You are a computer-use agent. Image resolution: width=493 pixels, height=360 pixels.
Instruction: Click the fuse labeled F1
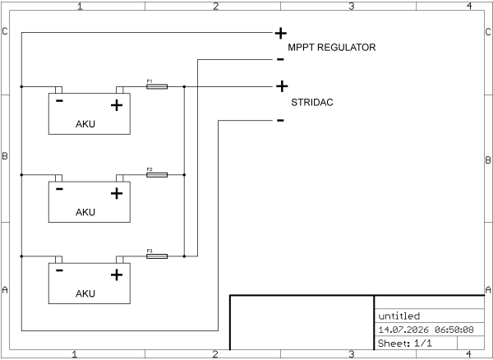(157, 86)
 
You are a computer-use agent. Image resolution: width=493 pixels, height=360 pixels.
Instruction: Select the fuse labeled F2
(157, 175)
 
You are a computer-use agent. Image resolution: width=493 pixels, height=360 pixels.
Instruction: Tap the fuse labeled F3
(157, 256)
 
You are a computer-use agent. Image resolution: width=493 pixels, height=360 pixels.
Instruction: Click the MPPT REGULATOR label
(332, 48)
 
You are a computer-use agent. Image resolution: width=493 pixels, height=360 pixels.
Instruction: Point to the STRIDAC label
(312, 103)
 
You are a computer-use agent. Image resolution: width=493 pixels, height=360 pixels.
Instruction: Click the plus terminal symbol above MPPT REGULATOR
(280, 33)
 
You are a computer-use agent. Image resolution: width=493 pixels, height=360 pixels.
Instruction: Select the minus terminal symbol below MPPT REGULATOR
(280, 59)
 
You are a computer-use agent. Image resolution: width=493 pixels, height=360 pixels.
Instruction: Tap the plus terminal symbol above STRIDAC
(282, 86)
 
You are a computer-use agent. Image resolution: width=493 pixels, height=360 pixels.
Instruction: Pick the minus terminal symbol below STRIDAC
(280, 120)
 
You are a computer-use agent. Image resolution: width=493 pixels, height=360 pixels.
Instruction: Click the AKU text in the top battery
(85, 124)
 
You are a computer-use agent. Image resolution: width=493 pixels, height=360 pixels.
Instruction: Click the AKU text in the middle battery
(85, 212)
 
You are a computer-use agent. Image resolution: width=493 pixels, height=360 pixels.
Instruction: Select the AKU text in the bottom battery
(85, 293)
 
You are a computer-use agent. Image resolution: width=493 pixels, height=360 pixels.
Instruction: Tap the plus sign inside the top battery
(117, 105)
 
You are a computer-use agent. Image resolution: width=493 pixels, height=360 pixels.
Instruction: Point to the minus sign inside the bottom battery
(59, 270)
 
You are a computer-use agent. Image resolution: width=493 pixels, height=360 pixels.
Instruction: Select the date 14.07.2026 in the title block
(403, 330)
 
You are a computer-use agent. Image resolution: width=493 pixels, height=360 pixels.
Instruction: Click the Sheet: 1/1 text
(405, 343)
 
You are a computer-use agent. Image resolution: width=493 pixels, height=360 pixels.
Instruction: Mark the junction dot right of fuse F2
(184, 175)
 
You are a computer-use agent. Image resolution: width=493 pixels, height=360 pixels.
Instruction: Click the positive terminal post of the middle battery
(120, 178)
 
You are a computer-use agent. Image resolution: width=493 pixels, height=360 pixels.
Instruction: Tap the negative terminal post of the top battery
(58, 90)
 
